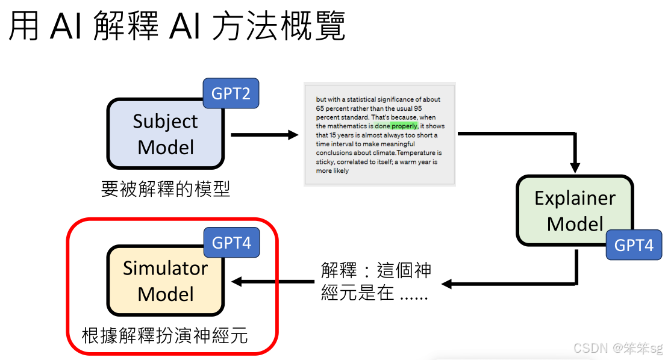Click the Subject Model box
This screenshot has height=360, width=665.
[x=166, y=134]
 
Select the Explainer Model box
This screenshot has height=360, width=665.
[x=575, y=211]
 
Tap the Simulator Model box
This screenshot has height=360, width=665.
[x=165, y=281]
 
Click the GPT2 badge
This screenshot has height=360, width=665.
[x=231, y=93]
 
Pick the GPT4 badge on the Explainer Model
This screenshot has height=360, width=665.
[x=633, y=245]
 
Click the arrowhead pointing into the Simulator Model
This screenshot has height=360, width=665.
[x=237, y=281]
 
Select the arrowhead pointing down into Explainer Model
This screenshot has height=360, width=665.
[x=575, y=167]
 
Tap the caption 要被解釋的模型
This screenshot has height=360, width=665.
[x=166, y=189]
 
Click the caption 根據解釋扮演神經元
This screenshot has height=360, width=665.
[x=165, y=335]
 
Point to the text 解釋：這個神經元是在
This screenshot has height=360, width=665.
[x=376, y=281]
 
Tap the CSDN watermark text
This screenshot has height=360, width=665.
[x=617, y=348]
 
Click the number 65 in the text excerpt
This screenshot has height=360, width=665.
[x=320, y=108]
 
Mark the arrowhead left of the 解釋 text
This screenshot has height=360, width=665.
[x=446, y=283]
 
